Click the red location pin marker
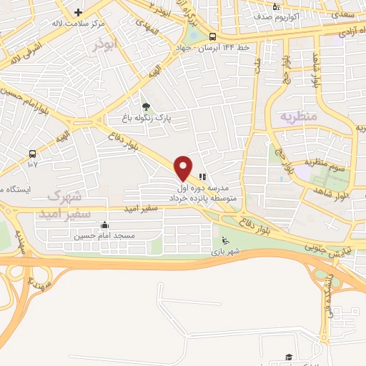183,167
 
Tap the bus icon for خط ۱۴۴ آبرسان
213,37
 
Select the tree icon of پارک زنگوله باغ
147,106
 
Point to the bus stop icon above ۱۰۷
32,154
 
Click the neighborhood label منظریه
297,115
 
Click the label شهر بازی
226,252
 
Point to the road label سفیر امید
154,209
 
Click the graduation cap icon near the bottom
289,356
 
